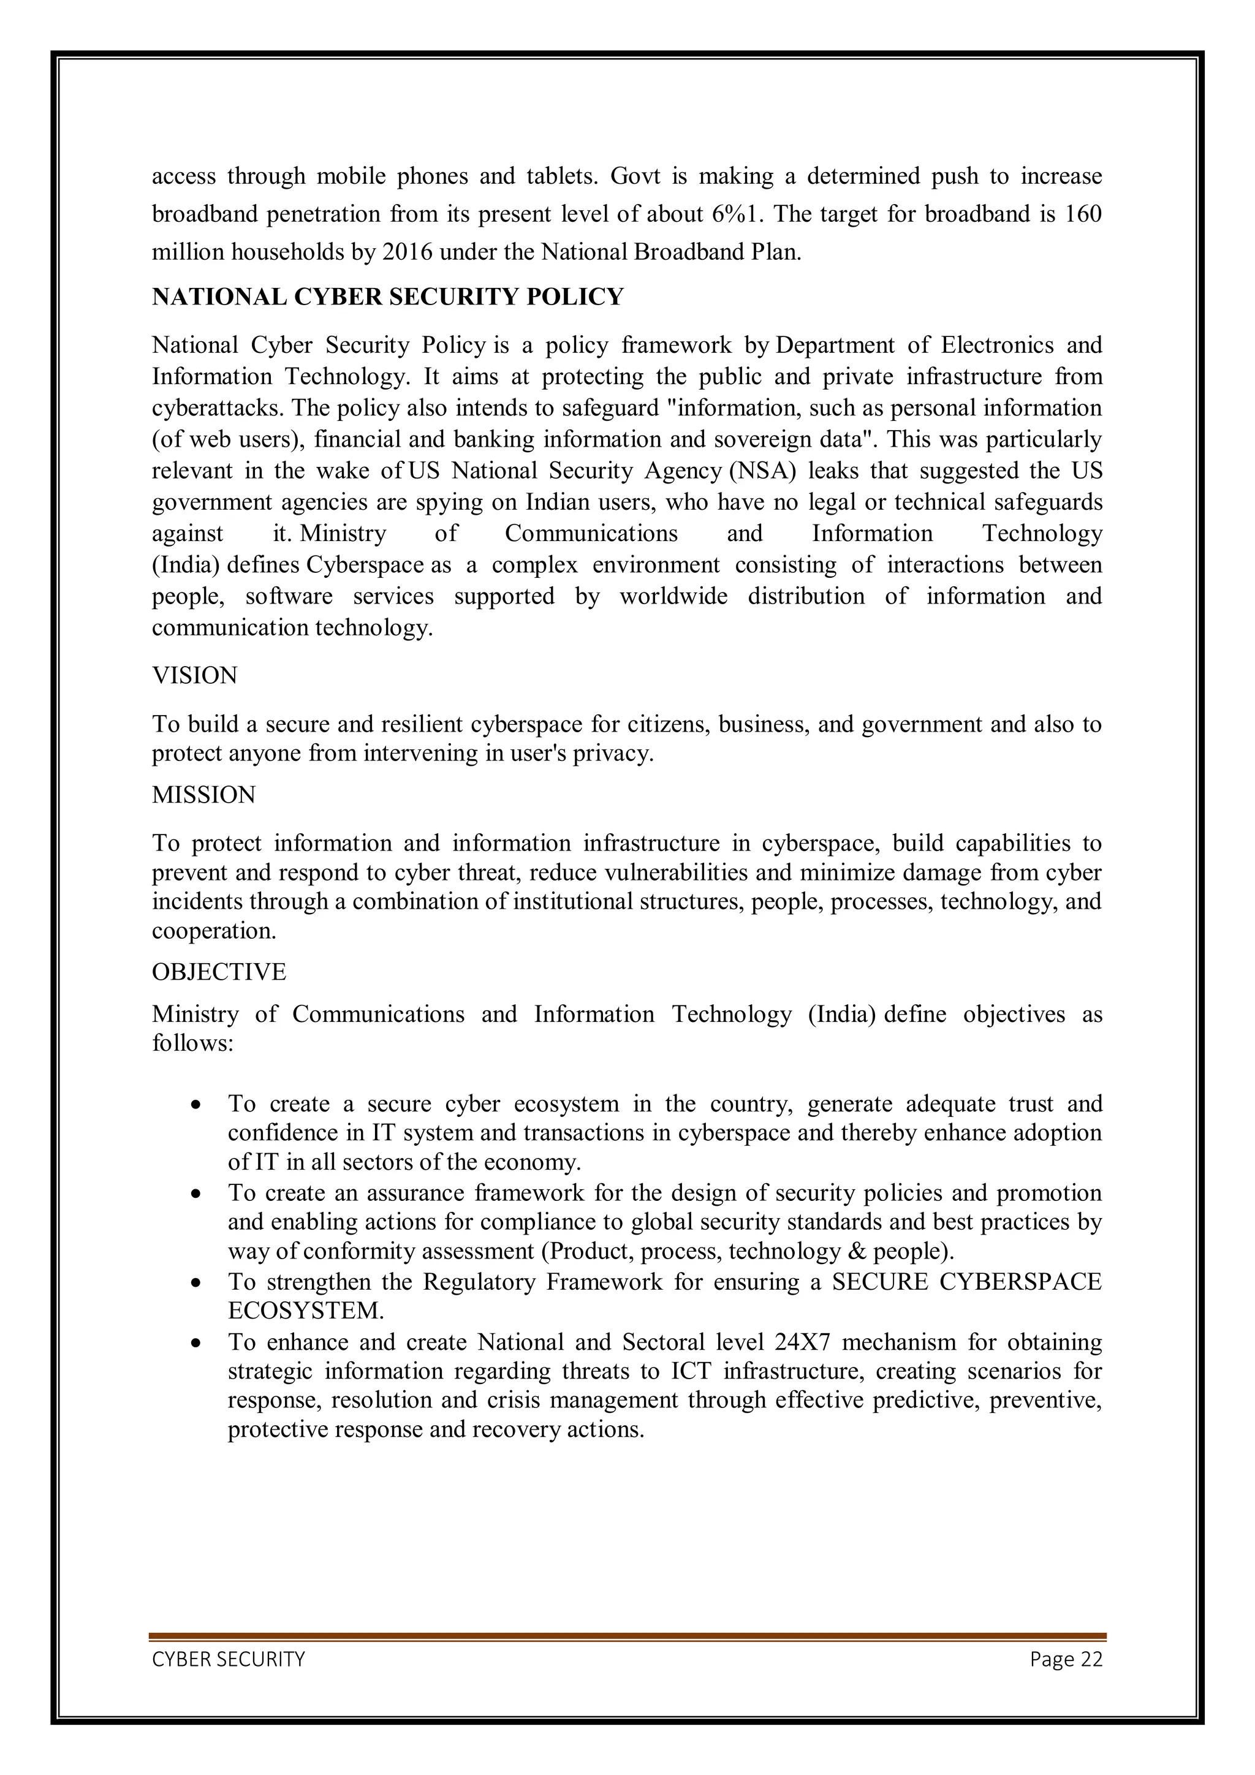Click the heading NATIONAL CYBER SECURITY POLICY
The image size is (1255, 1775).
click(387, 298)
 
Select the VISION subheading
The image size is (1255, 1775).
click(195, 676)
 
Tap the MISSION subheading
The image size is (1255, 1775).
click(203, 795)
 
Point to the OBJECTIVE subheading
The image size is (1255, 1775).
click(219, 972)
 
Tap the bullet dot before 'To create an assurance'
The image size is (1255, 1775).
click(198, 1194)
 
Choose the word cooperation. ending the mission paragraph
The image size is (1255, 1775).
click(213, 931)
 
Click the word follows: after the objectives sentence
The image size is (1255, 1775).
click(192, 1043)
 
